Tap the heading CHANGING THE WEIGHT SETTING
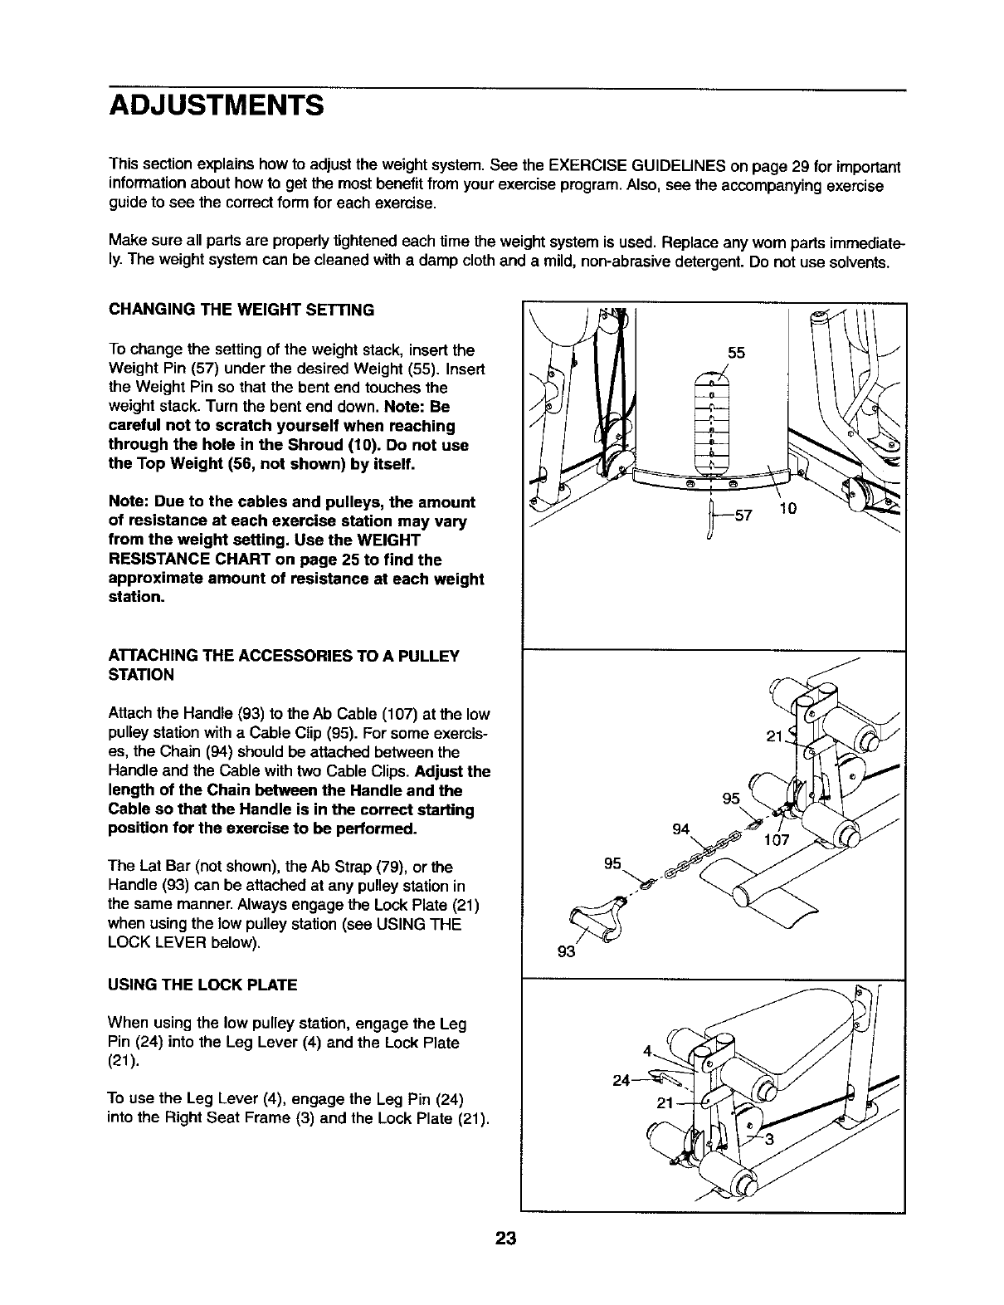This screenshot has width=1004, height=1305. click(241, 310)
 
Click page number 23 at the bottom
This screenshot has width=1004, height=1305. click(505, 1239)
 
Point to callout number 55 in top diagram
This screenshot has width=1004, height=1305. click(736, 353)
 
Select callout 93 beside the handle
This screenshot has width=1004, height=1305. click(566, 951)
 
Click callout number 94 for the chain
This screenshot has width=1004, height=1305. click(681, 829)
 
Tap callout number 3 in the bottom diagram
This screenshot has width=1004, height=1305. click(769, 1139)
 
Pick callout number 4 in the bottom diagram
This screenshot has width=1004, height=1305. click(647, 1049)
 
